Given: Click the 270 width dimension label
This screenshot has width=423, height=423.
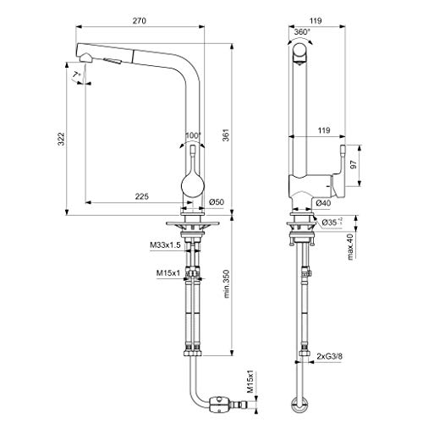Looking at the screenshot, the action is [140, 21].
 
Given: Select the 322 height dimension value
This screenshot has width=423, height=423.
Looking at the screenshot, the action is [61, 139].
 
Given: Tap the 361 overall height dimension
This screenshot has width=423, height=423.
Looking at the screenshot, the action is [227, 135].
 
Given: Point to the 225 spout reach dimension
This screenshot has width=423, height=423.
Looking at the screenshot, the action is [141, 196].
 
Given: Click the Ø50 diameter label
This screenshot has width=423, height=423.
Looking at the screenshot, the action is [217, 202].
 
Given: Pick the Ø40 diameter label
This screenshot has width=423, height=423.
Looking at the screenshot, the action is [323, 203].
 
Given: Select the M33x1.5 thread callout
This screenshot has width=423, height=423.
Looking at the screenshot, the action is [165, 245].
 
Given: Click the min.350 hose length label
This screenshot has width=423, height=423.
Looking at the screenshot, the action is [227, 284].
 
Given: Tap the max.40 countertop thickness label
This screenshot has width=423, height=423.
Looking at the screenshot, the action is [350, 247].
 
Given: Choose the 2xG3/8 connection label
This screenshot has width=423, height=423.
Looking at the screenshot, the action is [329, 356].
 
